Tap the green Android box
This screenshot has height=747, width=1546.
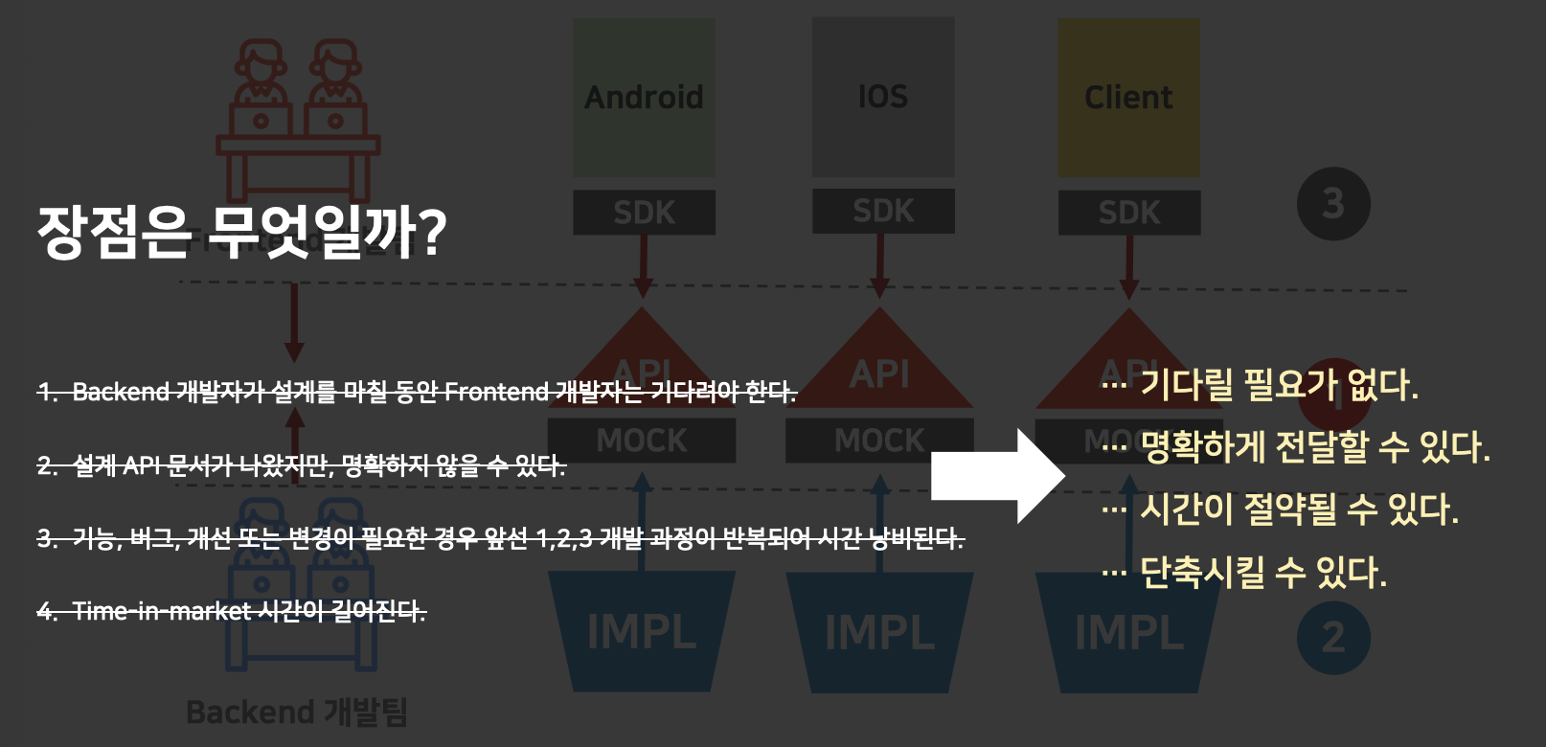click(644, 98)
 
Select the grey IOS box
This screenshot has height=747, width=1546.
click(883, 97)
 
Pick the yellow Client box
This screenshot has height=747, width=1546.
click(1128, 98)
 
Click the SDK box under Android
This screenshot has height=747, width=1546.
click(644, 213)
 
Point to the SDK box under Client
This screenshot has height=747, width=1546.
click(1128, 213)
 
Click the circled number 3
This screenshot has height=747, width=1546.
click(1333, 204)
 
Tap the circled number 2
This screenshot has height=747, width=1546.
click(1333, 638)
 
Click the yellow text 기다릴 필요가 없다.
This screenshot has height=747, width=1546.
click(1278, 385)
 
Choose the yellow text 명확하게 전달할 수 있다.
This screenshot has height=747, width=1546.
click(1314, 447)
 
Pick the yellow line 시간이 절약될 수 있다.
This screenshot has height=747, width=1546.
click(1298, 509)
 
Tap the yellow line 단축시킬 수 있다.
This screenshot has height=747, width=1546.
click(1262, 573)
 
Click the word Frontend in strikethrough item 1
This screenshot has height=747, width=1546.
click(496, 392)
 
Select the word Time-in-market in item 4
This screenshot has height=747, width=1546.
click(162, 611)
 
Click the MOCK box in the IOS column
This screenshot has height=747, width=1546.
click(879, 441)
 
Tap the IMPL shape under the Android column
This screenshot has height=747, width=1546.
click(642, 632)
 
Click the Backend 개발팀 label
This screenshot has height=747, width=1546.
click(297, 713)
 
